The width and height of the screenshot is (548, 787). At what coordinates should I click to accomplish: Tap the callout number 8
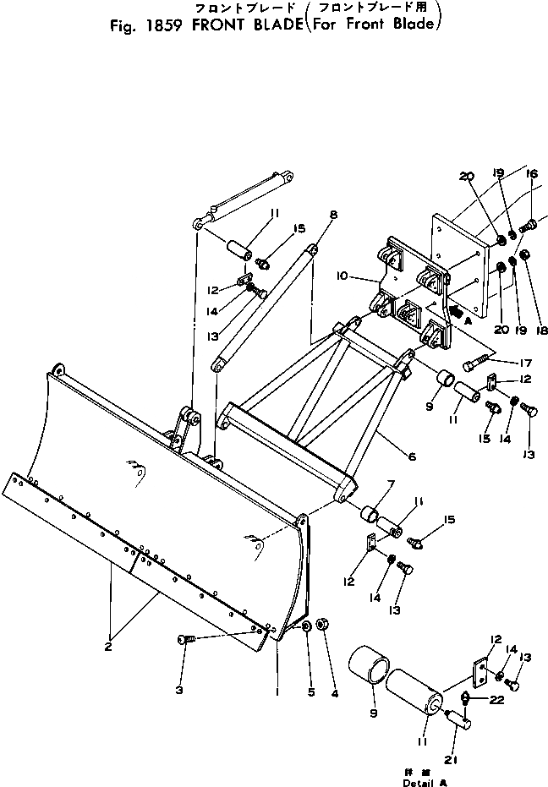333,215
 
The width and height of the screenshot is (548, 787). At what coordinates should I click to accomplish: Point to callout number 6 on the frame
412,456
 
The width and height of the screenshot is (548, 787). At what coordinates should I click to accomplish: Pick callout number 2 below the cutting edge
108,648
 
